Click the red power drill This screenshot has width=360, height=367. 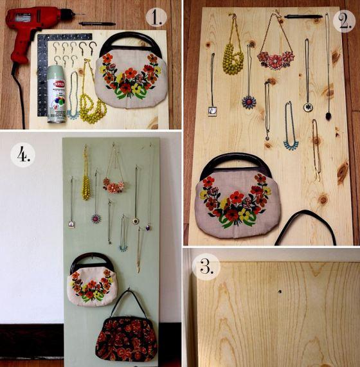point(29,29)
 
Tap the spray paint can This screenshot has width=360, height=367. point(57,93)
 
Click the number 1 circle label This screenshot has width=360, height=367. point(156,16)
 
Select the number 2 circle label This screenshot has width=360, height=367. point(342,21)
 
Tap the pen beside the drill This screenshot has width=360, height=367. point(96,24)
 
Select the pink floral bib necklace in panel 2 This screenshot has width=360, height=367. point(274,58)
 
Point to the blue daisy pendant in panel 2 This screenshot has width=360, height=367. point(249,102)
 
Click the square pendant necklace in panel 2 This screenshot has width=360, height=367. point(212,110)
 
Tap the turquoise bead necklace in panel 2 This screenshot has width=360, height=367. point(291,138)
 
